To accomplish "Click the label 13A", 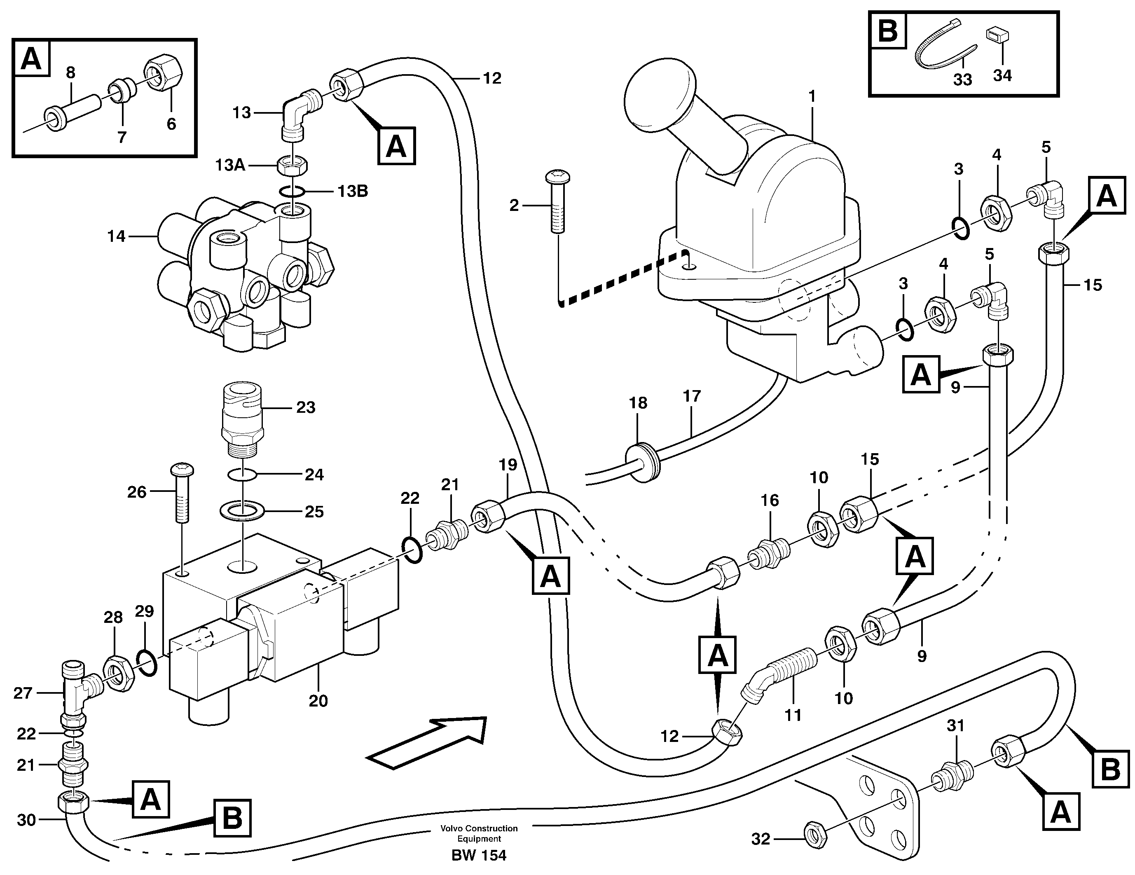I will (230, 165).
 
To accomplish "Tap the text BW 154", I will (479, 855).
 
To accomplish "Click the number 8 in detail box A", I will (71, 73).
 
